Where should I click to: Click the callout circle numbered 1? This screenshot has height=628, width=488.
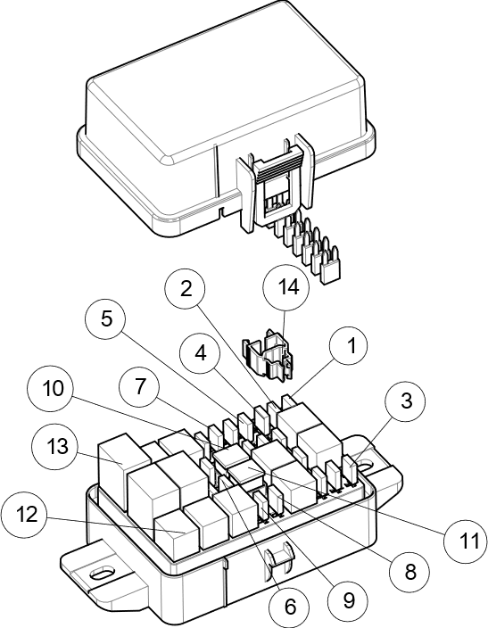[350, 346]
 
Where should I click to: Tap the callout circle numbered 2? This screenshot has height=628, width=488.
[185, 289]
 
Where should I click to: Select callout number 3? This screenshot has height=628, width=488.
[406, 401]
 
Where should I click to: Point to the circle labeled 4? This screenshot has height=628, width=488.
[200, 352]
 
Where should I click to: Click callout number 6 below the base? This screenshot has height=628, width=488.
[289, 607]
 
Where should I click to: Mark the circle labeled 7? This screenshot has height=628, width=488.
[139, 387]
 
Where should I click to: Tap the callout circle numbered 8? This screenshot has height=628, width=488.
[410, 572]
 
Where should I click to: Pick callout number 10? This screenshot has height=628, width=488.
[51, 389]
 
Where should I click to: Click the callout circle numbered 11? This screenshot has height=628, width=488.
[467, 541]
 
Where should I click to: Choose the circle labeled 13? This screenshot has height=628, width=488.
[55, 445]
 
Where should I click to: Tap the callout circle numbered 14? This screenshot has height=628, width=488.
[287, 288]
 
